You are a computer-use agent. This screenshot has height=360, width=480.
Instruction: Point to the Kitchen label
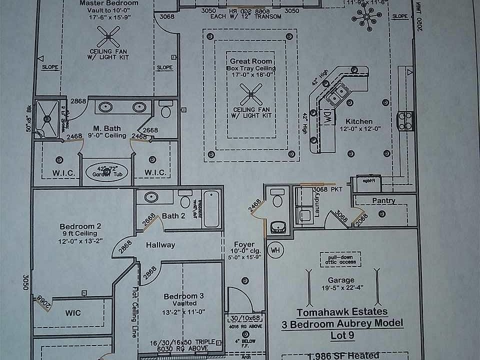[x=359, y=121]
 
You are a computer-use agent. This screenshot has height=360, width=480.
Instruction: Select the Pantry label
[x=383, y=201]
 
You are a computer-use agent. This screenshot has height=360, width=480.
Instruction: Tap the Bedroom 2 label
[x=80, y=226]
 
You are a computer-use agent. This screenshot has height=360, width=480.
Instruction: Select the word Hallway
[x=160, y=245]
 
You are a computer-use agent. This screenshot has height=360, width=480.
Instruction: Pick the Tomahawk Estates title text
[x=342, y=312]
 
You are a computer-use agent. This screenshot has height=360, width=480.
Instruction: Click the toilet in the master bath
[x=164, y=109]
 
